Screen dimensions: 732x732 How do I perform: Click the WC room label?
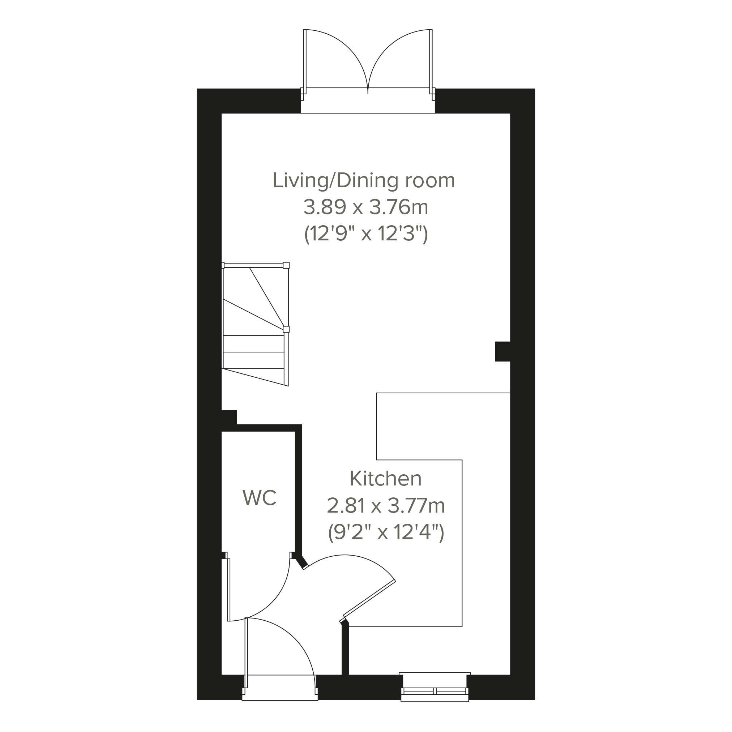point(260,498)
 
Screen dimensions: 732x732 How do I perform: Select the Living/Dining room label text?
point(364,180)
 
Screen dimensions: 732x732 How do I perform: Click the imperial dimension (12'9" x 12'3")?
point(366,235)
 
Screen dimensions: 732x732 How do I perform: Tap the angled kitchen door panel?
point(369,603)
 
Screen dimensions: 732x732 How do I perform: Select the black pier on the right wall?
point(502,352)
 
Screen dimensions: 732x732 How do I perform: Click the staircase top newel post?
point(286,265)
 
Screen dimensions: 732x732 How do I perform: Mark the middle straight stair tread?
point(253,352)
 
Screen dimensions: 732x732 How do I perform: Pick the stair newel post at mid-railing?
point(286,329)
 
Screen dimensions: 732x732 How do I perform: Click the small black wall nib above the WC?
point(229,417)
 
